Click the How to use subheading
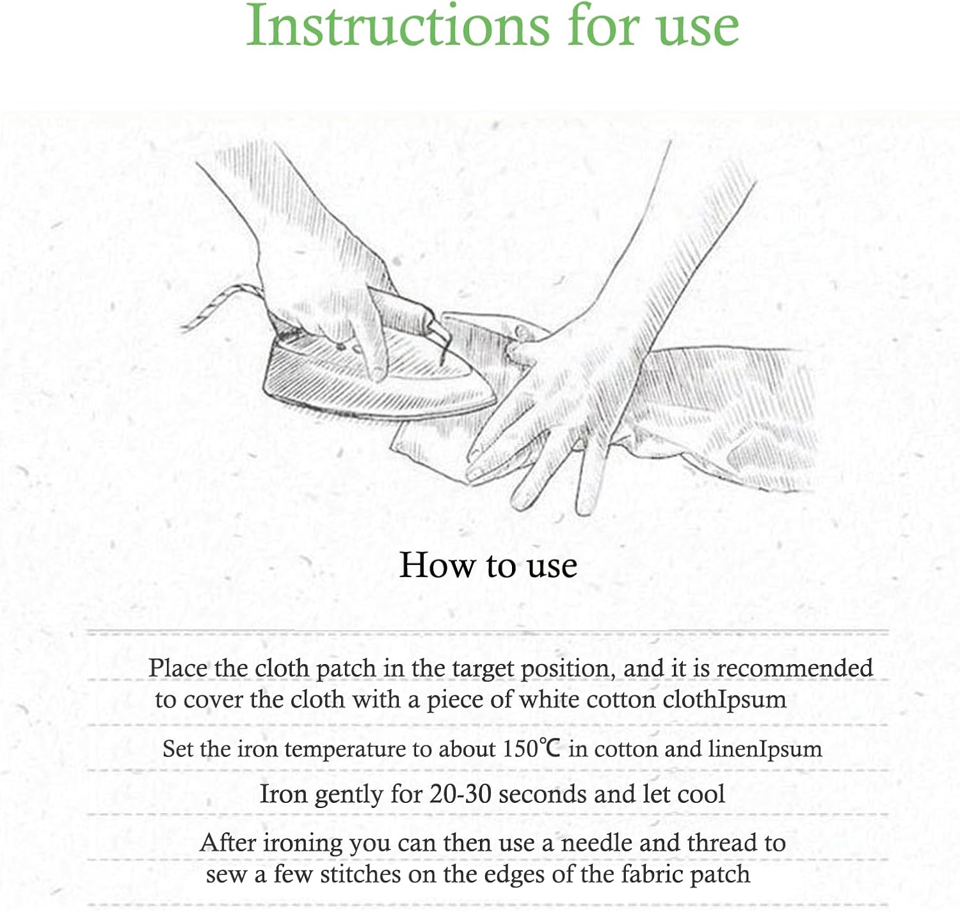488,566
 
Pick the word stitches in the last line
360,874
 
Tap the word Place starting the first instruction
178,668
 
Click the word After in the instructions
228,843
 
